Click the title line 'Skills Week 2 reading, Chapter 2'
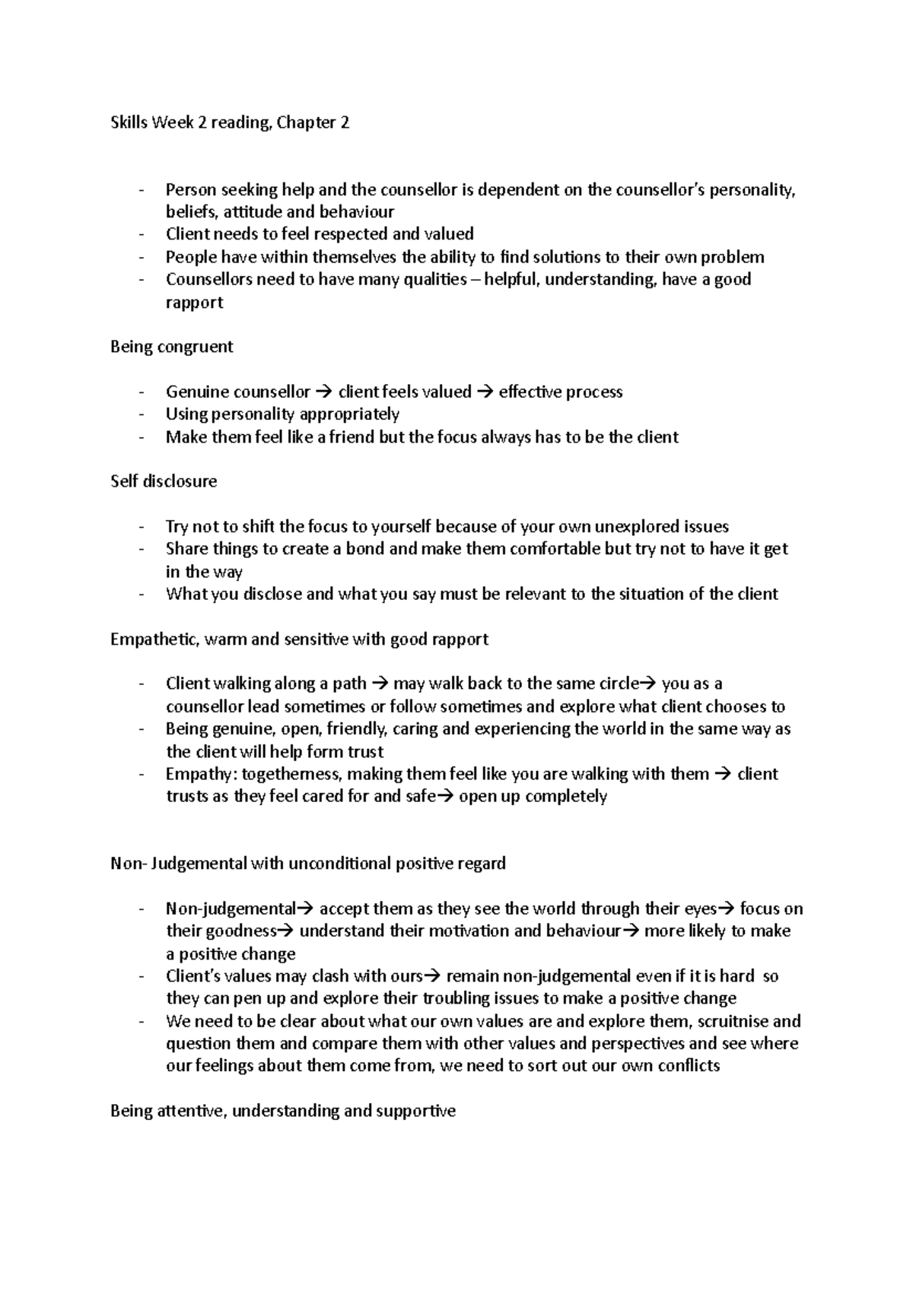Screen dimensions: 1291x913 (x=230, y=122)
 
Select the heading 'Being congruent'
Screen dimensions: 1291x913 (x=172, y=347)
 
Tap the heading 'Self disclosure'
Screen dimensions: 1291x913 (x=164, y=481)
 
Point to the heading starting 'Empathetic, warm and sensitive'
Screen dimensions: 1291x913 (x=299, y=639)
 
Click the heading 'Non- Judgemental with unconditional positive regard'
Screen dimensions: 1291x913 (x=307, y=864)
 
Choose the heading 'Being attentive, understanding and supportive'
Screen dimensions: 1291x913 (x=283, y=1111)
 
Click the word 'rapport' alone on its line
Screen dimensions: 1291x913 (x=194, y=303)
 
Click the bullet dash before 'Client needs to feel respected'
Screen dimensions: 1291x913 (x=141, y=234)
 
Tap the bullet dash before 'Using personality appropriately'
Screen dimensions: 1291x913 (x=141, y=414)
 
